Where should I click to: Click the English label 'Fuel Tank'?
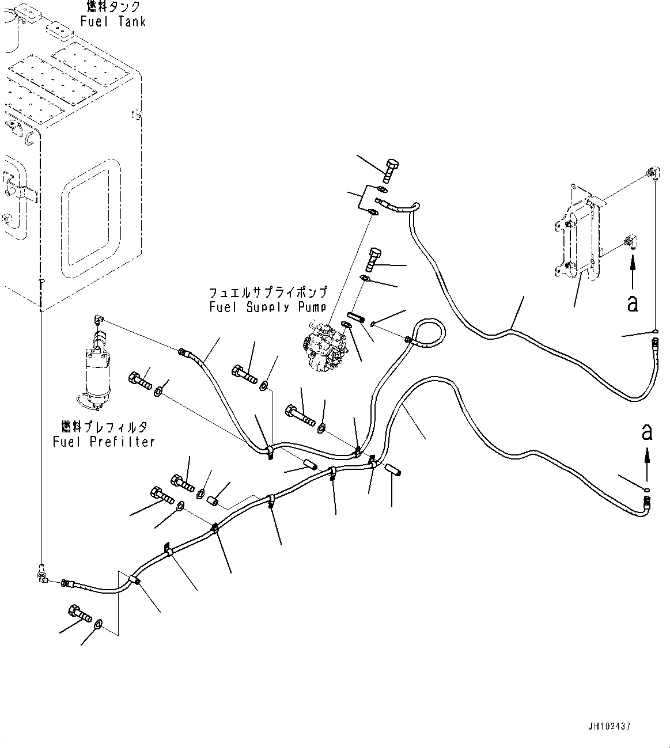113,22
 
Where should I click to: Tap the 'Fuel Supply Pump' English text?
268,307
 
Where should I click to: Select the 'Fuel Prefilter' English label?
104,442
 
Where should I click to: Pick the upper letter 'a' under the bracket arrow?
633,303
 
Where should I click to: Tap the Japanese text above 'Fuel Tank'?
113,7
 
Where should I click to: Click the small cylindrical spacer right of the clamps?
393,469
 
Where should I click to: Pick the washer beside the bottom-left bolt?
99,623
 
